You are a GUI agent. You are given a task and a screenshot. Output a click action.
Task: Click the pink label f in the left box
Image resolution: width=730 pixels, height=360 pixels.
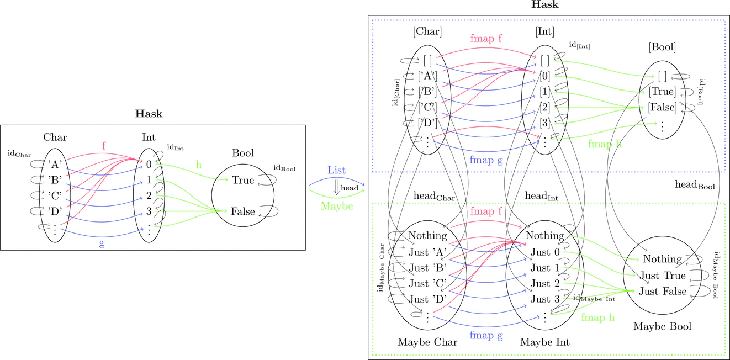pos(104,146)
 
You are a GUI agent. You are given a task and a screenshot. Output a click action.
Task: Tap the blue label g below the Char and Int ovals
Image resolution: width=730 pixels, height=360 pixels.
pos(102,243)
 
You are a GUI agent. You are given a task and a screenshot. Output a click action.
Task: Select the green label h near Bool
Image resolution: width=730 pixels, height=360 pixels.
pos(198,165)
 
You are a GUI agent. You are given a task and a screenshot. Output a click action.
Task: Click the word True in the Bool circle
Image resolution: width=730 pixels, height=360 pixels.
pos(243,180)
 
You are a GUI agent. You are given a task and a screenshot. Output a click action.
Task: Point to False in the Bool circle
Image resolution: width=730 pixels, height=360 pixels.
pos(243,211)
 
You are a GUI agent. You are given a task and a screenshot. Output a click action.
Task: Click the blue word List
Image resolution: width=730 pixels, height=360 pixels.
pos(336,170)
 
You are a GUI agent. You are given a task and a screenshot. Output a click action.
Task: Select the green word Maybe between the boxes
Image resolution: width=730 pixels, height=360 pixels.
pos(337,206)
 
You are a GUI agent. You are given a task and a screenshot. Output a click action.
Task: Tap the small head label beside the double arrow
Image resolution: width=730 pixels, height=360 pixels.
pos(350,188)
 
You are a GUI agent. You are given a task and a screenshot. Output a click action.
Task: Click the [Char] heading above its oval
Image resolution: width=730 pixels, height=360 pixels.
pos(427,31)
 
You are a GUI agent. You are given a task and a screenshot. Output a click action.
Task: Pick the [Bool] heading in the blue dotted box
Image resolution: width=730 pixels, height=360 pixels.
pos(662,47)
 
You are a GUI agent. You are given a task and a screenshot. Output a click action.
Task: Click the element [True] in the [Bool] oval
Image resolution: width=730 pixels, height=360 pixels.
pos(662,92)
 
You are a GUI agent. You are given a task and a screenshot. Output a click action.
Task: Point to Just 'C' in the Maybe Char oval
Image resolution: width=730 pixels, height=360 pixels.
pos(427,283)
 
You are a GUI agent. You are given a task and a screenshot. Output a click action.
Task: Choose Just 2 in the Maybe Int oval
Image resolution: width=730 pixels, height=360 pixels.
pos(545,283)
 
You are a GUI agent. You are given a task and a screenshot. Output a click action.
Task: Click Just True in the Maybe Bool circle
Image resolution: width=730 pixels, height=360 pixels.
pos(662,276)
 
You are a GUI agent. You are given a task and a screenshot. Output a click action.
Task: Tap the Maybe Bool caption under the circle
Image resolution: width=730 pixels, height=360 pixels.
pos(662,326)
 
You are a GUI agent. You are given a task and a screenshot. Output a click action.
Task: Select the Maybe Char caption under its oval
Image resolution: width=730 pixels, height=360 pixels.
pos(427,342)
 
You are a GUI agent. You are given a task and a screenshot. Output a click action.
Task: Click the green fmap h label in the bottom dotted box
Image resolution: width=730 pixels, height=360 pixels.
pos(597,317)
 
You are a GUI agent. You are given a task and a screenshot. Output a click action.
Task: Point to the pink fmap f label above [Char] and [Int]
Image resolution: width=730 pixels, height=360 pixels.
pos(486,39)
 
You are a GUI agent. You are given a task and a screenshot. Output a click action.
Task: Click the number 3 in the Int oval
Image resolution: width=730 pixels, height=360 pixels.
pos(149,211)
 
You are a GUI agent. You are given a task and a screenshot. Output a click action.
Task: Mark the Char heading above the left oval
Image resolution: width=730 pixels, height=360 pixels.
pos(55,137)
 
